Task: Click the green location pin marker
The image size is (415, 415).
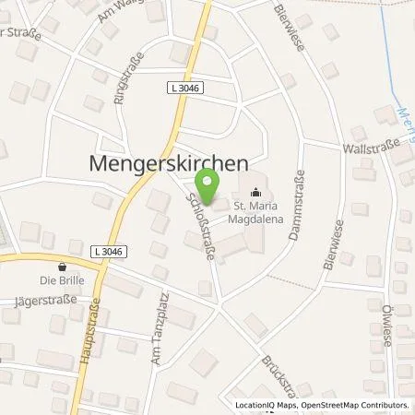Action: click(210, 186)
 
